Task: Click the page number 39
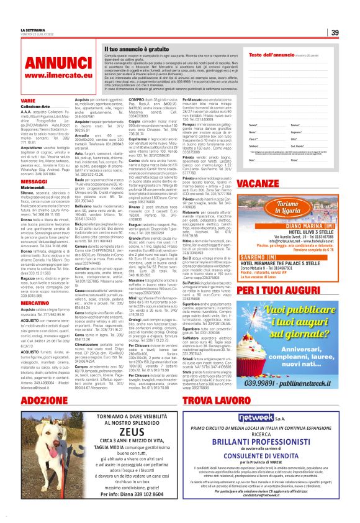(x=334, y=32)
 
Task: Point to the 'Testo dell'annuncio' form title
(x=268, y=55)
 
